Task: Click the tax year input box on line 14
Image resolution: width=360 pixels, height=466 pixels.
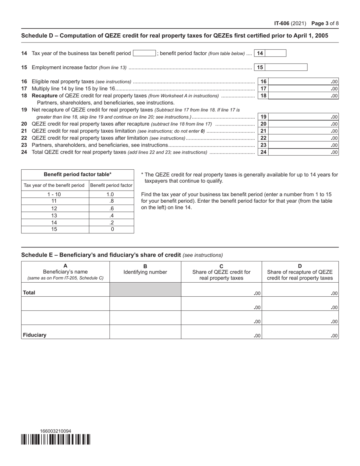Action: pos(144,53)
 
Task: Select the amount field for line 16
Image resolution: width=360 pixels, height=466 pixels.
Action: pos(303,81)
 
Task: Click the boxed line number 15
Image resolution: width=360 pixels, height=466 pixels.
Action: pos(260,67)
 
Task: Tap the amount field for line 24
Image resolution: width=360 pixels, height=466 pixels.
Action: pos(303,152)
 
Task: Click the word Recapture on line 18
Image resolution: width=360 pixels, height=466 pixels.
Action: pos(44,96)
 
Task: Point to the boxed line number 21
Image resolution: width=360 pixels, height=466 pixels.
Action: pos(263,131)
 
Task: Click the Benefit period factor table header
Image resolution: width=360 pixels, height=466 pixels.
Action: pos(78,175)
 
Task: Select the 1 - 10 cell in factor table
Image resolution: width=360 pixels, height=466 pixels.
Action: pos(54,194)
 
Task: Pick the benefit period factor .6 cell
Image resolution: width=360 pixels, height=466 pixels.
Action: pos(111,209)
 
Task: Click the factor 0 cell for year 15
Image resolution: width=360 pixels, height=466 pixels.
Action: pos(111,229)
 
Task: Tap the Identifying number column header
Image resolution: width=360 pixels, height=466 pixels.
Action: pos(145,272)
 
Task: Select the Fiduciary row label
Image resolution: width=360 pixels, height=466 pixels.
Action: pos(34,335)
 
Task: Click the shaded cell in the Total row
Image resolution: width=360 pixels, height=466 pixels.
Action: pos(145,289)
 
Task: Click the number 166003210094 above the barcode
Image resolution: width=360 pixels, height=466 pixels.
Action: pos(55,431)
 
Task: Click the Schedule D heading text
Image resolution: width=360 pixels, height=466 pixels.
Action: pos(175,36)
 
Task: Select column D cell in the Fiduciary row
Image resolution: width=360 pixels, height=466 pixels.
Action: pos(300,332)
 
